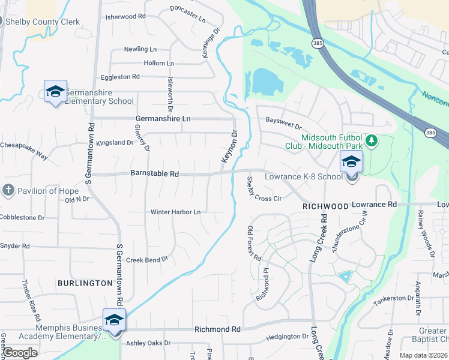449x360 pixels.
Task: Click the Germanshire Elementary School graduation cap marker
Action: tap(55, 92)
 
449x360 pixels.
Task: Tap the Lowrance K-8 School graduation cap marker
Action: tap(351, 161)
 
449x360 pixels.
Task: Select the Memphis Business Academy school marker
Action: tap(113, 319)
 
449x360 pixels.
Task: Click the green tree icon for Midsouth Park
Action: tap(372, 140)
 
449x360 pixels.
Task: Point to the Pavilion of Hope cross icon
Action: tap(8, 191)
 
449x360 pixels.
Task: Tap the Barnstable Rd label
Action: tap(155, 174)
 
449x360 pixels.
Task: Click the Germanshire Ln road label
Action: tap(163, 119)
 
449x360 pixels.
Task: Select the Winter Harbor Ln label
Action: tap(175, 212)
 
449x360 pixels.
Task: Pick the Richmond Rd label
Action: tap(217, 329)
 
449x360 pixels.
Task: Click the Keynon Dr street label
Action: tap(230, 146)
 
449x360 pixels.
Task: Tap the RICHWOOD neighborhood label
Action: tap(325, 206)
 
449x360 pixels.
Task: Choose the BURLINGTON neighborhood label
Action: tap(85, 283)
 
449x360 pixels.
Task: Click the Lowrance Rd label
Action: tap(374, 205)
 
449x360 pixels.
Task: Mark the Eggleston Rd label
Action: tap(120, 77)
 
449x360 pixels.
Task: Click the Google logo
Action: tap(20, 353)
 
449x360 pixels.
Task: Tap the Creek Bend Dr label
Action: tap(146, 259)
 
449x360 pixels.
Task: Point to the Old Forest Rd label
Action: tap(255, 243)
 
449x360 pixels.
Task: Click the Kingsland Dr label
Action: tap(115, 143)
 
